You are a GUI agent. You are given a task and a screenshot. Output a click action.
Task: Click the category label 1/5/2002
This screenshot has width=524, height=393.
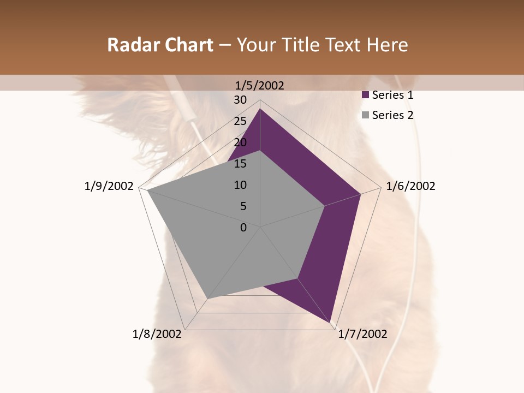click(260, 86)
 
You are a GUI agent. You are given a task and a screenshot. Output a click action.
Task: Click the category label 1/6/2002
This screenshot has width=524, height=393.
click(410, 186)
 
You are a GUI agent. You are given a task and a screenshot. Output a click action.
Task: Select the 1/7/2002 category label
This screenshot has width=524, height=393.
click(362, 334)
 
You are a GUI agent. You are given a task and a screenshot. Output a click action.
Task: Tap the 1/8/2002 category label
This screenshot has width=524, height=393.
click(157, 334)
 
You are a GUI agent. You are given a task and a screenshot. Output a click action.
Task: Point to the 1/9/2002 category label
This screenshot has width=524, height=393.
click(109, 186)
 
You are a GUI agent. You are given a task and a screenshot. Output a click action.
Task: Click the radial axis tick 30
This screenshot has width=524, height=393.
click(240, 100)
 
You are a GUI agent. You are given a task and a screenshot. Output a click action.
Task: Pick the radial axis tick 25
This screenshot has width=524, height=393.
click(240, 121)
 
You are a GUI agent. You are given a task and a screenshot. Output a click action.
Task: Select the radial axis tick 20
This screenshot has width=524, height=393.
click(240, 142)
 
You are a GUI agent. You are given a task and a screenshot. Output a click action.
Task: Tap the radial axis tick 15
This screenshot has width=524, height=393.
click(240, 164)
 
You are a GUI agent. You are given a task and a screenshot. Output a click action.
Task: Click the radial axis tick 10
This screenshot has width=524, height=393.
click(240, 185)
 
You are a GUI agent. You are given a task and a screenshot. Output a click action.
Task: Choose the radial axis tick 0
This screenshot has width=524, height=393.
click(243, 228)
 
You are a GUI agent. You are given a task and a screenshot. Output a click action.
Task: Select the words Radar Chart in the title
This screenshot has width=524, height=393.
click(160, 45)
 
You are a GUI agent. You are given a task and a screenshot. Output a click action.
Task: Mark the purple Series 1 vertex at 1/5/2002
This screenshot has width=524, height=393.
click(260, 109)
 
